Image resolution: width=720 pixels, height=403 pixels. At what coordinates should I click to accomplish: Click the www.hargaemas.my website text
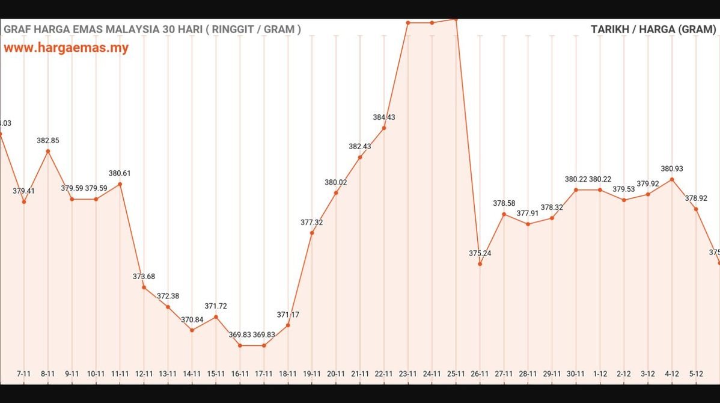[66, 48]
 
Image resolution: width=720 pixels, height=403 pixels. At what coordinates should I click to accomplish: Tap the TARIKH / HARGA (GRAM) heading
[653, 29]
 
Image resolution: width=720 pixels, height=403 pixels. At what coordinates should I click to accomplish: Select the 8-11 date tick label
[47, 374]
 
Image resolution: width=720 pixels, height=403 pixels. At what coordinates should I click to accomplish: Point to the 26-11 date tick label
[480, 374]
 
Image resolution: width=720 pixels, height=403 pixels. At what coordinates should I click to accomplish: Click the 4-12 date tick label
[672, 374]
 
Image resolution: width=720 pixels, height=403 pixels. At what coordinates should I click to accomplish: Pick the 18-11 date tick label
[288, 374]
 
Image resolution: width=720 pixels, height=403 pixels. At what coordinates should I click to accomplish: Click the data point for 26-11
[480, 263]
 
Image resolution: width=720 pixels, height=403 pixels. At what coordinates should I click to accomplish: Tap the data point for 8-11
[48, 151]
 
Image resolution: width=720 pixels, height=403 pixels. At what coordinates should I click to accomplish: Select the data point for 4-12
[672, 179]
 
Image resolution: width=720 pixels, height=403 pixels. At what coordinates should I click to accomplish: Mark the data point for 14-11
[192, 330]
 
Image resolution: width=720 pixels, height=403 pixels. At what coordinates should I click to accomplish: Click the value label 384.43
[384, 117]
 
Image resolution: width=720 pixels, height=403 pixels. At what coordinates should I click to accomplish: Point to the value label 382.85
[48, 140]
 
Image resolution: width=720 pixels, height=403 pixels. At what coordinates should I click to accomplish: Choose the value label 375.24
[480, 253]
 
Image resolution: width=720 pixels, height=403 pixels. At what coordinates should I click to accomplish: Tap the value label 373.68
[144, 277]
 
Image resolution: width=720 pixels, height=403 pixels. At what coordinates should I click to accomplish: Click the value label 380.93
[672, 169]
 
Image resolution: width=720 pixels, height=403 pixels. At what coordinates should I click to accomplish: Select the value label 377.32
[312, 223]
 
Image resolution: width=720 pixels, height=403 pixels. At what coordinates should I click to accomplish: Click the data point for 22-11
[384, 128]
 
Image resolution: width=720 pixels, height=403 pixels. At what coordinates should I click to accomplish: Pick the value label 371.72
[216, 306]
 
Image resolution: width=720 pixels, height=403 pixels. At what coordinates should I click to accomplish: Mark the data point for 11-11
[120, 184]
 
